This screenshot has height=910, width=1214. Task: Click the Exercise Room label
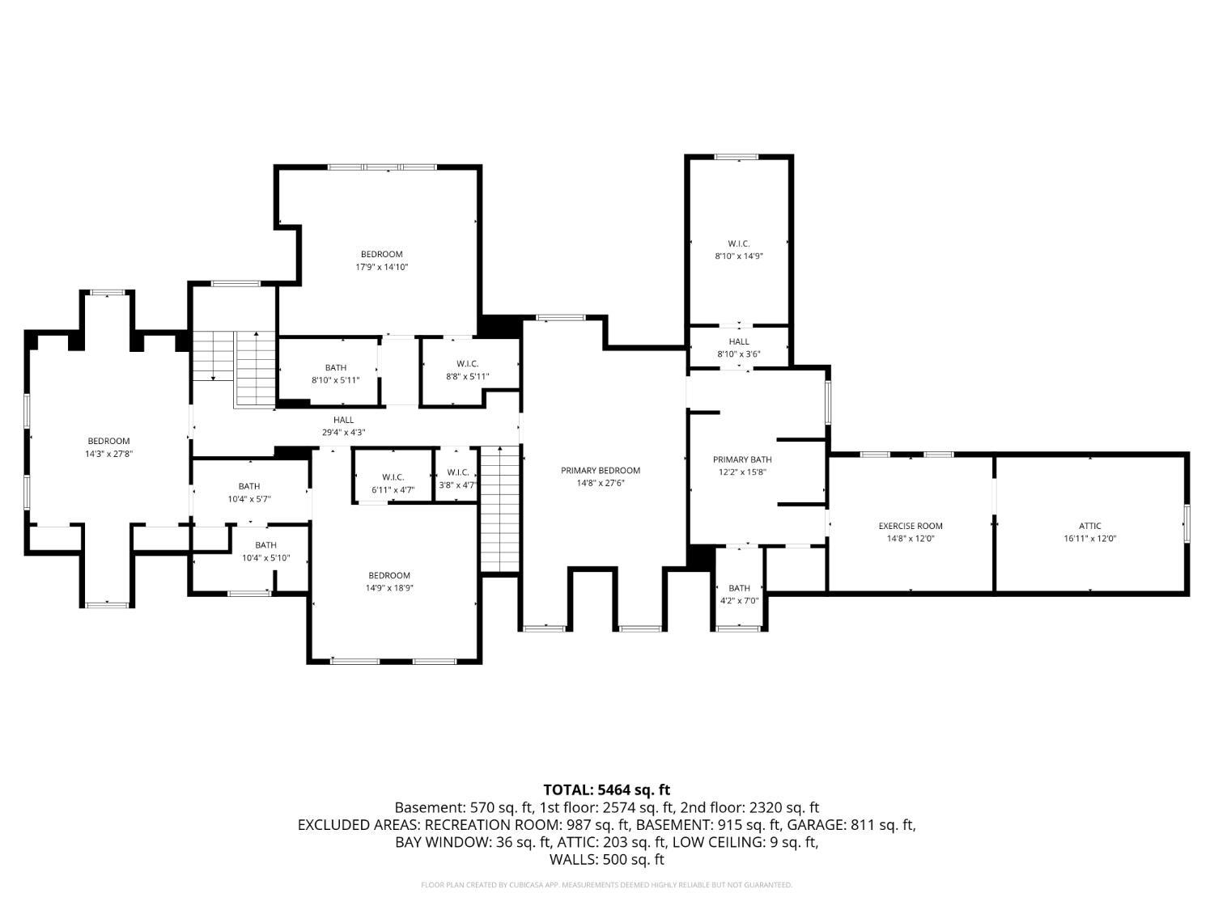click(910, 526)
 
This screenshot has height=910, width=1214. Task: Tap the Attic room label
click(1089, 526)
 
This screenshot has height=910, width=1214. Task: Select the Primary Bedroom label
click(601, 470)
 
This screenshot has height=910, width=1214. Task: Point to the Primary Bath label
click(742, 459)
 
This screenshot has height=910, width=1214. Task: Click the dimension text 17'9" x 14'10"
click(381, 267)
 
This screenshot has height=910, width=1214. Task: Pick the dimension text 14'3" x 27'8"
click(108, 454)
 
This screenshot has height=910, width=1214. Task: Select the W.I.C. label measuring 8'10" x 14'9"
click(738, 243)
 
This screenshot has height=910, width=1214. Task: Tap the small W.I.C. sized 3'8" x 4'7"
click(457, 472)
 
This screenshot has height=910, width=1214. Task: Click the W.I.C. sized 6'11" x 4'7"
click(393, 477)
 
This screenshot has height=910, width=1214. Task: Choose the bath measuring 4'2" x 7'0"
click(739, 588)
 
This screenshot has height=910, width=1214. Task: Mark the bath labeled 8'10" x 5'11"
click(335, 368)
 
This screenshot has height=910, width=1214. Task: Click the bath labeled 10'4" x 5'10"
click(265, 545)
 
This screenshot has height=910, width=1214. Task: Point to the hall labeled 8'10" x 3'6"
click(738, 342)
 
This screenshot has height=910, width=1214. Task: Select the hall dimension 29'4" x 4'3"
click(343, 432)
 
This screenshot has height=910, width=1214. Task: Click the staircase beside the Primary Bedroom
click(499, 510)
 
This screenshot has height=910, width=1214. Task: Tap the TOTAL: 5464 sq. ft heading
click(606, 789)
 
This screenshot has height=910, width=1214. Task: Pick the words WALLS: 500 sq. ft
click(606, 859)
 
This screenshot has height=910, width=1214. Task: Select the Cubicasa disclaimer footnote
click(606, 885)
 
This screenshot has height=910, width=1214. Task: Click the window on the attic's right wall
click(1187, 523)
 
